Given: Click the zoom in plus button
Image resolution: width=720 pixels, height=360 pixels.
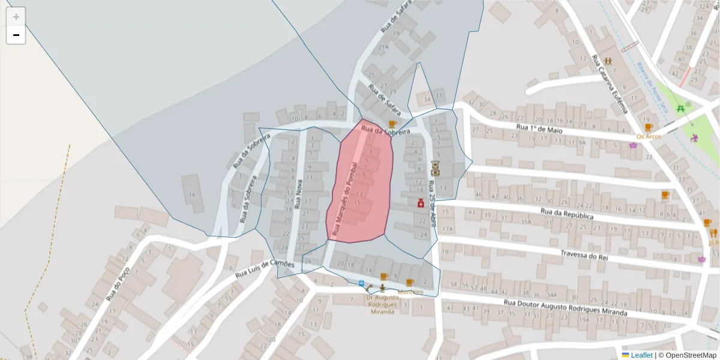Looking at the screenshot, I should pyautogui.click(x=16, y=17).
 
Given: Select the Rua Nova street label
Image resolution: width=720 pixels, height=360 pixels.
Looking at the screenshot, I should pyautogui.click(x=298, y=194).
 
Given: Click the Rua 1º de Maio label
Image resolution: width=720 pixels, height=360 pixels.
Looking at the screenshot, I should pyautogui.click(x=539, y=129).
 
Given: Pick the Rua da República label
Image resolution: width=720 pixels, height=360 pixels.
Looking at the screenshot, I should pyautogui.click(x=566, y=214).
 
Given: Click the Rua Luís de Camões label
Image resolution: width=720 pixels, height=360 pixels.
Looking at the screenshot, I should pyautogui.click(x=265, y=269).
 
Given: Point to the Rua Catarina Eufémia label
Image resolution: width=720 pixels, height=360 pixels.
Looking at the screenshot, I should pyautogui.click(x=609, y=84).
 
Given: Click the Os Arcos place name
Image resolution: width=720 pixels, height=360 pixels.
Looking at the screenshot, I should pyautogui.click(x=649, y=136).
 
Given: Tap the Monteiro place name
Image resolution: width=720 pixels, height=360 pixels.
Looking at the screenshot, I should pyautogui.click(x=410, y=292).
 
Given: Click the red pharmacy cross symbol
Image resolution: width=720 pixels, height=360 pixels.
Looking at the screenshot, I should pyautogui.click(x=421, y=204).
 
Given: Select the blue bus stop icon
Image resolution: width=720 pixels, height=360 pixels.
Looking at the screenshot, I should pyautogui.click(x=362, y=283).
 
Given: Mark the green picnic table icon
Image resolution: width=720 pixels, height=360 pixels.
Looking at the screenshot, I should pyautogui.click(x=680, y=109).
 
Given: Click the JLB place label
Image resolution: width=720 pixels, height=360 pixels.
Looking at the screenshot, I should pyautogui.click(x=713, y=242).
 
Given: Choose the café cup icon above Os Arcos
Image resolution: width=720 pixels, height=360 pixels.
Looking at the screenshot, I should pyautogui.click(x=648, y=127).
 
